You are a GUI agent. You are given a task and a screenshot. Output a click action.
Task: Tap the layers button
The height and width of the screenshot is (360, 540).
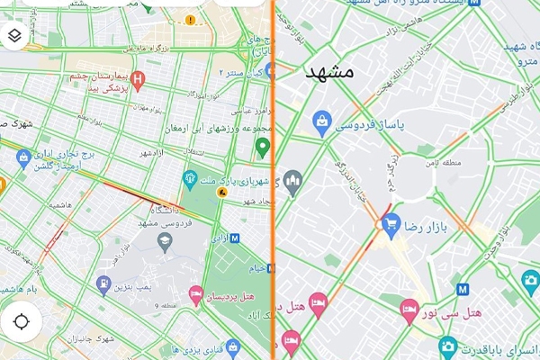point(15,36)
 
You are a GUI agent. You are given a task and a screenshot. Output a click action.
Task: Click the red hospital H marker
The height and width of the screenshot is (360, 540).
point(138,79)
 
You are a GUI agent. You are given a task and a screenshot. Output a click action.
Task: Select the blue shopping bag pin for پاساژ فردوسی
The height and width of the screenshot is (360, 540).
point(320,121)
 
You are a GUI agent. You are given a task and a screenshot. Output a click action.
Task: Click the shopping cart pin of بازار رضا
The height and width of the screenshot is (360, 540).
point(390,221)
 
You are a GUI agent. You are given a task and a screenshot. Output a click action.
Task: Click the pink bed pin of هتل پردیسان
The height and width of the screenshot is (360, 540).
point(194,293)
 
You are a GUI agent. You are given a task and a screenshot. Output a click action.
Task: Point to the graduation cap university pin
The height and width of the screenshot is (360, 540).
point(165,238)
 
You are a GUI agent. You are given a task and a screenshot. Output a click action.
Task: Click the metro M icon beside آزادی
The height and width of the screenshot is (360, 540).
point(235,238)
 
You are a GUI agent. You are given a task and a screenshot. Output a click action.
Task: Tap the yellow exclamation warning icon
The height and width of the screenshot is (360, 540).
point(190,19)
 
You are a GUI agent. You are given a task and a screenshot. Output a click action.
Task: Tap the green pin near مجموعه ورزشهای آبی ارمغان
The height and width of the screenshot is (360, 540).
point(262,146)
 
